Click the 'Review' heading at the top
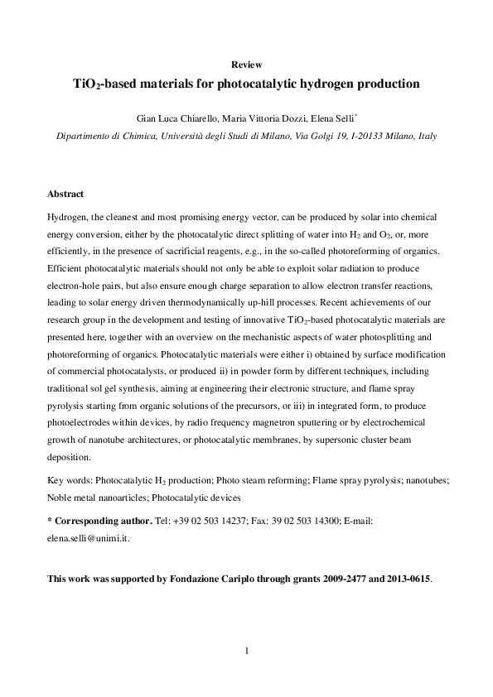click(x=246, y=65)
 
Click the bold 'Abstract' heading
click(x=65, y=194)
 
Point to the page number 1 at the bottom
click(x=247, y=651)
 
